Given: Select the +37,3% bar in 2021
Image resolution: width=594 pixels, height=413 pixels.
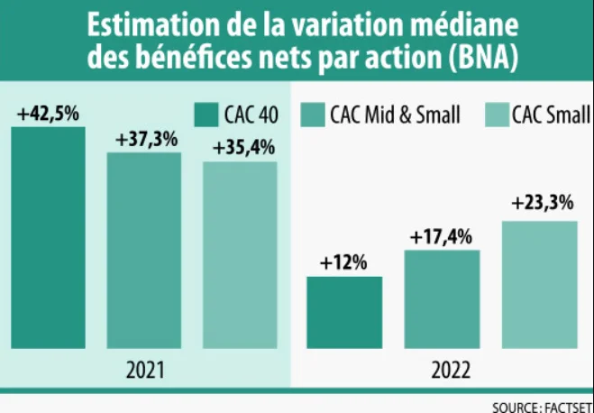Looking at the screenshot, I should pos(144,250).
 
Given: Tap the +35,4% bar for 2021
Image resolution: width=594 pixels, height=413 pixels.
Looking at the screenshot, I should pos(239,254).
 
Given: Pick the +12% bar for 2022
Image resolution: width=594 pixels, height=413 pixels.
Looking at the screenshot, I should pos(344,312).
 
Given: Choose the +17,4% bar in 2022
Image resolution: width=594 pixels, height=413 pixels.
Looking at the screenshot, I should pos(442,298).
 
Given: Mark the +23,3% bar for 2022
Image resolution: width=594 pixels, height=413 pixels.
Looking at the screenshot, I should pos(539,284).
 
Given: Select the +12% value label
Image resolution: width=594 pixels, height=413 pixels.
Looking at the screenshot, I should pos(343,263).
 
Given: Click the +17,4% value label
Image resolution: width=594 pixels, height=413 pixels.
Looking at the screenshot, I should pos(441,237).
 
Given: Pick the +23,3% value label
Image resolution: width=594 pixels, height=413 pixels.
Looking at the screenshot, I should pos(542,204).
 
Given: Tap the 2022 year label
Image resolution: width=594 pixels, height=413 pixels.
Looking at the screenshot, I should pos(443,370).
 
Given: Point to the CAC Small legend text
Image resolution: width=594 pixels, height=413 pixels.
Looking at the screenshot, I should pos(551,115).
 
